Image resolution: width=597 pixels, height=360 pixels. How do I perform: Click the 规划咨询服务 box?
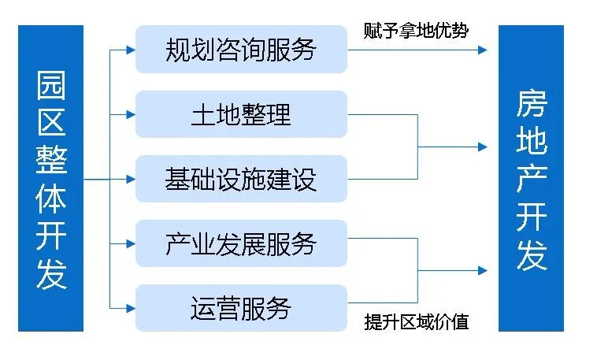(241, 50)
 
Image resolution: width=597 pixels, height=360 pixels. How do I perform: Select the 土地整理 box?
(241, 114)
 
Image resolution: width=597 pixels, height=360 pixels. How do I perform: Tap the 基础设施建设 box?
(241, 179)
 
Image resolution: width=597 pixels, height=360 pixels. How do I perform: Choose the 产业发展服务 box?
(241, 243)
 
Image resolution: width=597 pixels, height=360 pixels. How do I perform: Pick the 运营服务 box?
(241, 308)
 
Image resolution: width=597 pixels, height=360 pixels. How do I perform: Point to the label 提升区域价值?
(417, 322)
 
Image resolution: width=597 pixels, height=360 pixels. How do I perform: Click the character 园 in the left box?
(51, 86)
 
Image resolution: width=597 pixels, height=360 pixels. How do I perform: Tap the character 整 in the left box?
(51, 161)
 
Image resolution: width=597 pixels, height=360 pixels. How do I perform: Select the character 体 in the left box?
(51, 199)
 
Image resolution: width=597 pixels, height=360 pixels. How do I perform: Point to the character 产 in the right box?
(532, 180)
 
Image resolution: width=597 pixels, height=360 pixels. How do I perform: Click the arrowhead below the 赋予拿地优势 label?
(482, 50)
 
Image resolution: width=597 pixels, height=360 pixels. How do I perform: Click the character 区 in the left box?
(51, 124)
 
